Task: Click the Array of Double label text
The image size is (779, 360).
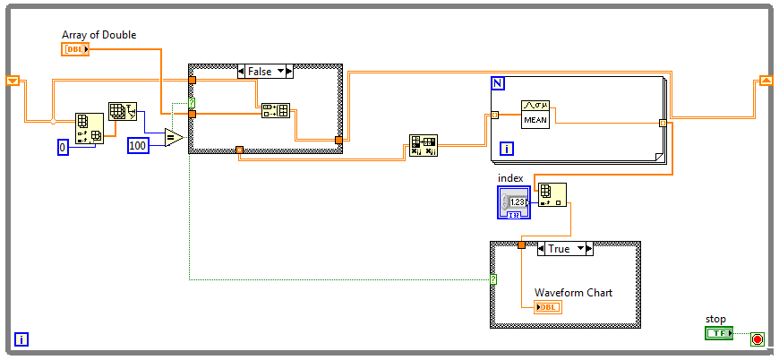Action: click(x=99, y=35)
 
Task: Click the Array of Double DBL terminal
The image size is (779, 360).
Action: click(x=75, y=49)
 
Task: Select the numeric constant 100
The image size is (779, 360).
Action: click(x=138, y=145)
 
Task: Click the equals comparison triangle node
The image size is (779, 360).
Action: click(x=173, y=138)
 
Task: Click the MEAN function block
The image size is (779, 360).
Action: click(x=535, y=113)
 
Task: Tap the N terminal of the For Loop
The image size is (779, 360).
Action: click(x=498, y=84)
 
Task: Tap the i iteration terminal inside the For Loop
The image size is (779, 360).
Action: click(x=506, y=149)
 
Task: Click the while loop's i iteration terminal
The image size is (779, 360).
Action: click(x=21, y=339)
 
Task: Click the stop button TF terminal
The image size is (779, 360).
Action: click(x=719, y=333)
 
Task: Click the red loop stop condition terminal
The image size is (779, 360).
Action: click(x=758, y=339)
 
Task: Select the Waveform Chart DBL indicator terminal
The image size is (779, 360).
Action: click(x=547, y=307)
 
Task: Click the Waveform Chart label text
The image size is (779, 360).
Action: click(x=573, y=293)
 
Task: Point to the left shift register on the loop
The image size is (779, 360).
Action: click(x=13, y=81)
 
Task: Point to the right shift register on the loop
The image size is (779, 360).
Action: click(x=766, y=81)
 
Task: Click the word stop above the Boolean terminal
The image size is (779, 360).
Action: click(x=715, y=319)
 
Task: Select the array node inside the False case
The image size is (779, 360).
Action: click(x=275, y=111)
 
